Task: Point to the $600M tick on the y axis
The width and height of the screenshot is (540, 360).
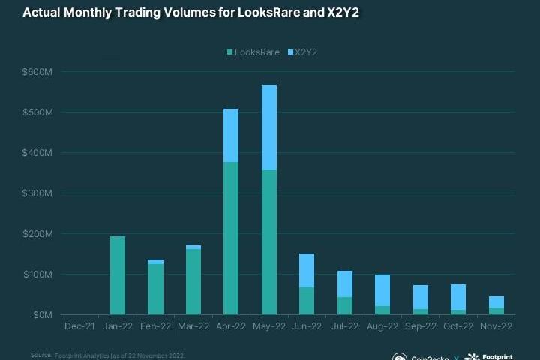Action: (37, 72)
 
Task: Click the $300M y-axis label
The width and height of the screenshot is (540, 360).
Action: (37, 193)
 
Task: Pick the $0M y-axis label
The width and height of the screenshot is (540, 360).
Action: (41, 315)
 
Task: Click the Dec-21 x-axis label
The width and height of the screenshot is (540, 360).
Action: (80, 326)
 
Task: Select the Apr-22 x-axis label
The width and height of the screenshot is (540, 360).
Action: (231, 326)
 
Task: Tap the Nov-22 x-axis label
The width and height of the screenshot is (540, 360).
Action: (496, 326)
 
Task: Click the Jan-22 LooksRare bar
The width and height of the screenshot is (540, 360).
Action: (118, 275)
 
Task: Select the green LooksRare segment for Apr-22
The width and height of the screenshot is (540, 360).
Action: (231, 238)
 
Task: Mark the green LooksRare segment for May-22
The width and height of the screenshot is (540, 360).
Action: (269, 242)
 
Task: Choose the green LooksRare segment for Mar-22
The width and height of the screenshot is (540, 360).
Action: (193, 282)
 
